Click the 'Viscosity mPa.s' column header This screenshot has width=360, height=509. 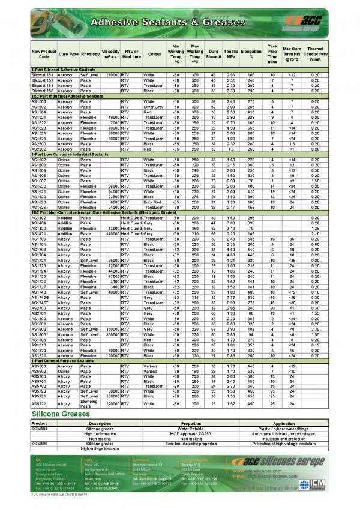click(x=111, y=54)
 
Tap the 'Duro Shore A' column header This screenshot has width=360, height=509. click(x=214, y=54)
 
